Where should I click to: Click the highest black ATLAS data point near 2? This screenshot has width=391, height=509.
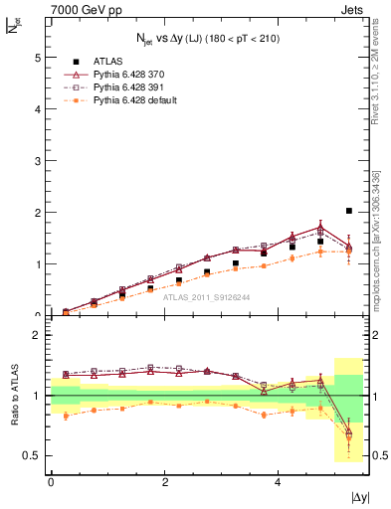[x=348, y=211]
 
